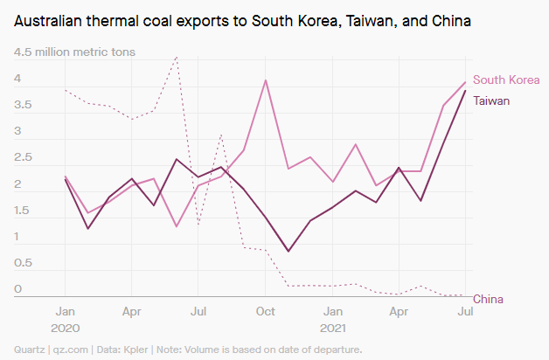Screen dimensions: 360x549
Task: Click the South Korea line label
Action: click(506, 80)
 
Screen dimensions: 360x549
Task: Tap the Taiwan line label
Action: click(491, 100)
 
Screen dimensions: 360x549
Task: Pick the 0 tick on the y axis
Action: click(17, 289)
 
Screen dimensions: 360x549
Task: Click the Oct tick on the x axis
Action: click(265, 311)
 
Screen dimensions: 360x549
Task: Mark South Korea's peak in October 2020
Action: click(266, 80)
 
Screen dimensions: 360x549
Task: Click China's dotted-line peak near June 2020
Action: click(177, 58)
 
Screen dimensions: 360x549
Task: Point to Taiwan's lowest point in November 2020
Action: click(288, 251)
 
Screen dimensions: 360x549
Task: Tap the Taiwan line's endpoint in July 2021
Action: click(465, 91)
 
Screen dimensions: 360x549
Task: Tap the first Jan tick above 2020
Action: click(66, 311)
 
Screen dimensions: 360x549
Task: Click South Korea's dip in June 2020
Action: click(177, 226)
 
